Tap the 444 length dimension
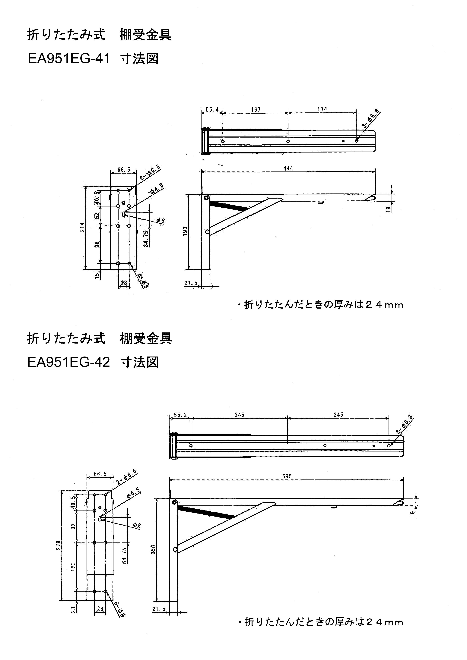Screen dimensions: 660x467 point(288,168)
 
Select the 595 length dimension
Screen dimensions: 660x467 point(287,476)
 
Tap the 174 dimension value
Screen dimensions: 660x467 point(322,109)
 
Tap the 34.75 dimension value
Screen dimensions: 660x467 point(146,239)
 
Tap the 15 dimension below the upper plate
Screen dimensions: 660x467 point(97,276)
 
